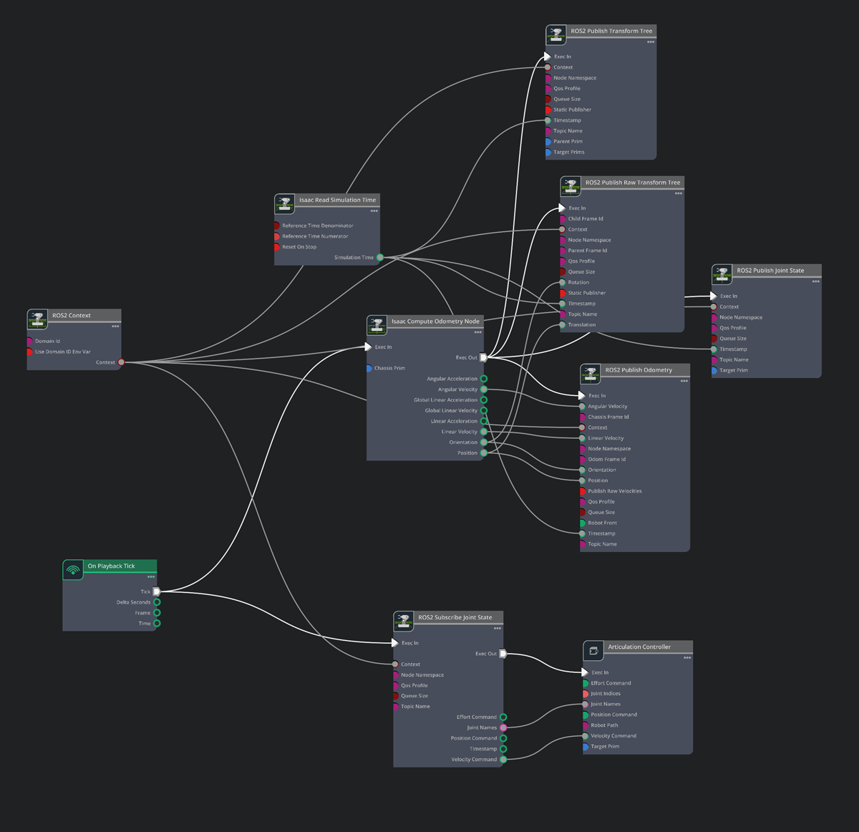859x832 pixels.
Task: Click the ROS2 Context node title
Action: pos(72,315)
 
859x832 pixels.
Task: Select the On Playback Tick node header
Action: pos(111,566)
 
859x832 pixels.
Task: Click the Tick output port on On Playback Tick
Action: pos(157,591)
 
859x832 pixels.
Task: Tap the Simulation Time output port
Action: pos(380,257)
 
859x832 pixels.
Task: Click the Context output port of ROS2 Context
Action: pos(121,362)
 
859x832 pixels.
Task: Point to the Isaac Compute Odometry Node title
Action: pos(435,321)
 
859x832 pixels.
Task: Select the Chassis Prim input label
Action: pos(389,368)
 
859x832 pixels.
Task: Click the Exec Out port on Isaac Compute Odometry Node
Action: pos(483,357)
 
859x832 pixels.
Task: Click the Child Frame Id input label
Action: pos(586,219)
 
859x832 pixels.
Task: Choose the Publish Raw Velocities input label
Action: pos(615,491)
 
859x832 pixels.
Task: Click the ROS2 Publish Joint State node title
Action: pos(770,271)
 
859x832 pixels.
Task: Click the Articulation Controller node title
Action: pos(639,647)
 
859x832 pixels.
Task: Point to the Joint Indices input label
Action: pos(606,693)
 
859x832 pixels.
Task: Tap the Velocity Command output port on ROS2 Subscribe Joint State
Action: pos(503,760)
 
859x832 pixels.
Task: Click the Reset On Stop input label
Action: pos(299,247)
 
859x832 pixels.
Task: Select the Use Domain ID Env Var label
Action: pos(63,352)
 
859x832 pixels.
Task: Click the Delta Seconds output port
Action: pos(157,602)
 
